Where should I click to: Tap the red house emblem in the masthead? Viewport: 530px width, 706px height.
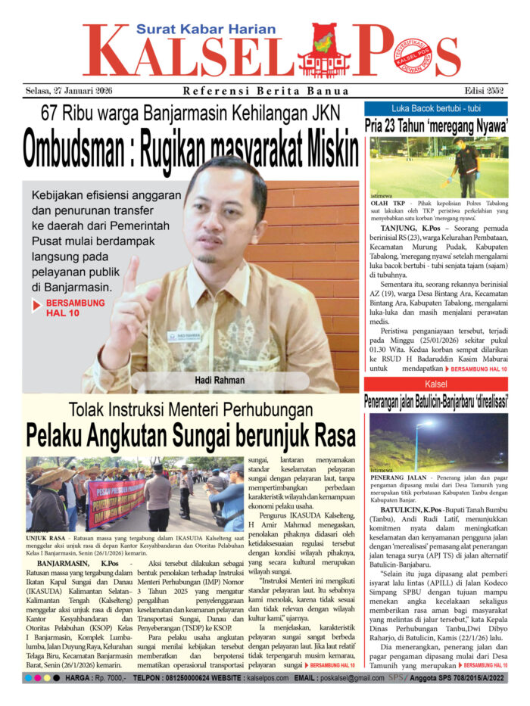click(x=324, y=51)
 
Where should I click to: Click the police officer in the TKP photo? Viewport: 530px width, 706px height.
click(x=466, y=163)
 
